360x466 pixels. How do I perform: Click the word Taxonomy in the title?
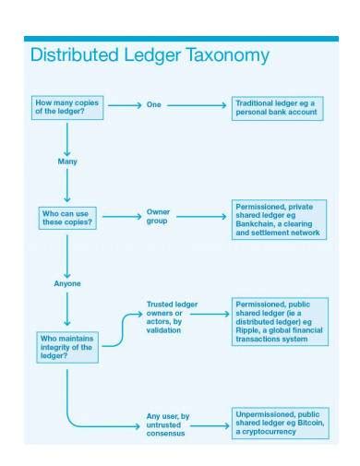pyautogui.click(x=226, y=54)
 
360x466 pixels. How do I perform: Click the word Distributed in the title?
pyautogui.click(x=73, y=54)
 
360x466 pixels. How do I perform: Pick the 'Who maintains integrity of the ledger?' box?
pyautogui.click(x=67, y=345)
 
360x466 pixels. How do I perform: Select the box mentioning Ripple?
pyautogui.click(x=281, y=321)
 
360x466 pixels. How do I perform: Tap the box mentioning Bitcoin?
pyautogui.click(x=279, y=423)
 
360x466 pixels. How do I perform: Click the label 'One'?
pyautogui.click(x=153, y=105)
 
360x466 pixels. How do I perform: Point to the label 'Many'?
pyautogui.click(x=67, y=161)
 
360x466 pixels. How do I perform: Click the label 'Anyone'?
pyautogui.click(x=67, y=283)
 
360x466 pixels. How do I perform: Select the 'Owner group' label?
pyautogui.click(x=158, y=217)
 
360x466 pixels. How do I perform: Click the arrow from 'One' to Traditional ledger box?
pyautogui.click(x=198, y=105)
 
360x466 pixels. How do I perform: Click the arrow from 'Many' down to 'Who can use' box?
pyautogui.click(x=67, y=187)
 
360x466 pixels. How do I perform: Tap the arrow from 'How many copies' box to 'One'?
pyautogui.click(x=125, y=105)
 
